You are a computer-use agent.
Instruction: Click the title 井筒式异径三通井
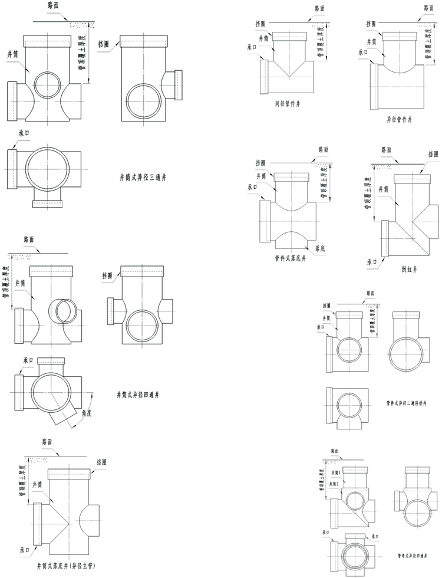pyautogui.click(x=143, y=176)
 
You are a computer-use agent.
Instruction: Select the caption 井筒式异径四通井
pyautogui.click(x=143, y=394)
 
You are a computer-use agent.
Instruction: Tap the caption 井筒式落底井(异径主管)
pyautogui.click(x=69, y=566)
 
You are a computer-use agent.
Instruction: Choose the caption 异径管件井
pyautogui.click(x=399, y=119)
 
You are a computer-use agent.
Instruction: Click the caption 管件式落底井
pyautogui.click(x=290, y=257)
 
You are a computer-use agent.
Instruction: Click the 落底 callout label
pyautogui.click(x=321, y=248)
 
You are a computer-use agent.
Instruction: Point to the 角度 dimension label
pyautogui.click(x=87, y=413)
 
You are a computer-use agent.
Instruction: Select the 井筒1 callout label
pyautogui.click(x=335, y=472)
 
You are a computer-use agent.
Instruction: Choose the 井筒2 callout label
pyautogui.click(x=335, y=483)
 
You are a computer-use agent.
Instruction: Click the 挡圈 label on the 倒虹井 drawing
pyautogui.click(x=433, y=154)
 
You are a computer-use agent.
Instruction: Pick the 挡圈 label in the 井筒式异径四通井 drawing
pyautogui.click(x=107, y=275)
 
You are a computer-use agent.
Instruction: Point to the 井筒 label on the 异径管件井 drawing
pyautogui.click(x=371, y=41)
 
